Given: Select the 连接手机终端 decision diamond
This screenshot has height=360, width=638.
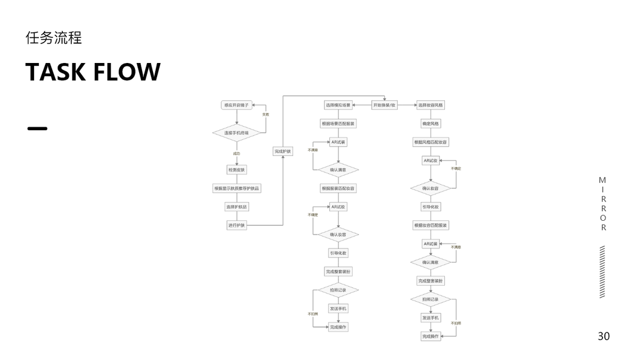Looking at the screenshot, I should [x=236, y=132].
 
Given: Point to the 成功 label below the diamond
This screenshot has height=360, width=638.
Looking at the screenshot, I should [x=236, y=154].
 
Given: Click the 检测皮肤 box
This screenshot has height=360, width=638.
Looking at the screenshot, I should [x=236, y=170].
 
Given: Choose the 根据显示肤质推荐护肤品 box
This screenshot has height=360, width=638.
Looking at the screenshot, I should [x=237, y=188].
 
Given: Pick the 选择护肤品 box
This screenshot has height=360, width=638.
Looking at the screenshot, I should [x=236, y=207].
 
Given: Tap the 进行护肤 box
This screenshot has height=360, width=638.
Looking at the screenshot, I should [x=236, y=225].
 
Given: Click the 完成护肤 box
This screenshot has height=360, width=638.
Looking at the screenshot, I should [x=282, y=151].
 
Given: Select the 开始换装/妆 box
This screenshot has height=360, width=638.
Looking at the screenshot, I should [x=385, y=105].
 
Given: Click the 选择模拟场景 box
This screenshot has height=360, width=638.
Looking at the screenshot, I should [x=338, y=105].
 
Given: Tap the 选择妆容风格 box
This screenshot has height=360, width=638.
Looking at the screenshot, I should [x=431, y=105].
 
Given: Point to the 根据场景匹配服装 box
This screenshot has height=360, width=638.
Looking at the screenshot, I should [x=338, y=124].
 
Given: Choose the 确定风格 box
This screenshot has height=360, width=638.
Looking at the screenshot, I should [x=431, y=124].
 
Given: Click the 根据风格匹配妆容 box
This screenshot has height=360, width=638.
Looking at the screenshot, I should [x=431, y=142].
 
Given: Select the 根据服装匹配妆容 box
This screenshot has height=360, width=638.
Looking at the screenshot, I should [x=338, y=188].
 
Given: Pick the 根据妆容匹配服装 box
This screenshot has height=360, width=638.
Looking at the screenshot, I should [x=431, y=225].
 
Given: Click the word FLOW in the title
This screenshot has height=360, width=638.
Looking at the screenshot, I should [x=127, y=72].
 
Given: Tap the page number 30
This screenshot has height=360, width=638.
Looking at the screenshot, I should [x=603, y=336].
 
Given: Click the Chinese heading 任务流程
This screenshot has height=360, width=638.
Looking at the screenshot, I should [x=53, y=38].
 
